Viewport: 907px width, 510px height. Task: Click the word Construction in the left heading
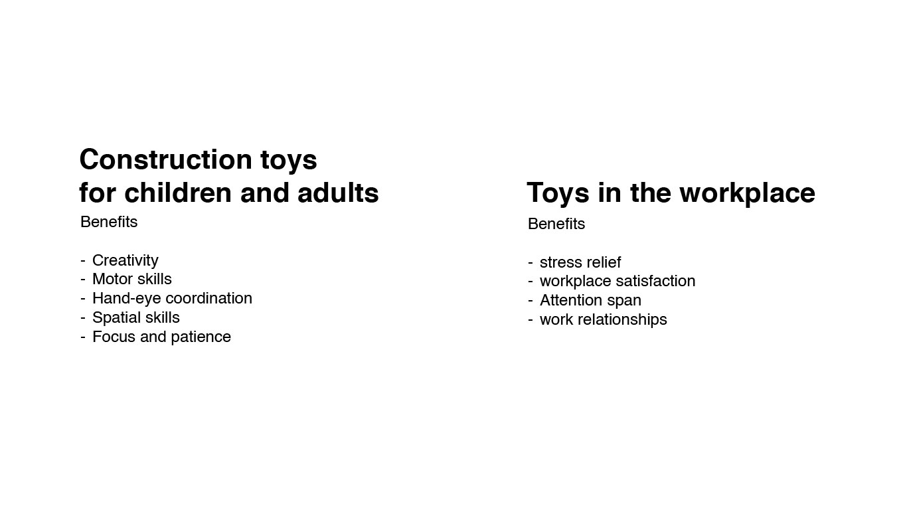[x=166, y=159]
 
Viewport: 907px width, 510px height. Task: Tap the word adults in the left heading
[x=338, y=193]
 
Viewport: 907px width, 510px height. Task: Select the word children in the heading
[x=178, y=193]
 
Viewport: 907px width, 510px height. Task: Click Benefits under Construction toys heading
[x=109, y=222]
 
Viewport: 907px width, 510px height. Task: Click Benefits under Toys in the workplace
[x=556, y=224]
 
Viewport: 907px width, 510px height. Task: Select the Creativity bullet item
[x=125, y=261]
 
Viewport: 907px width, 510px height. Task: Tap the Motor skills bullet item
[x=132, y=279]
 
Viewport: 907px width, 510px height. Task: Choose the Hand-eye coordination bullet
[x=172, y=299]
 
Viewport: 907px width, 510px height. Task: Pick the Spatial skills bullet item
[x=136, y=318]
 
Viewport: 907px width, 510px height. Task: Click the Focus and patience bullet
[x=161, y=337]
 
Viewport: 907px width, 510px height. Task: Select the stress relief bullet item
[x=580, y=262]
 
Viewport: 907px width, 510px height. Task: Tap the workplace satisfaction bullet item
[x=618, y=282]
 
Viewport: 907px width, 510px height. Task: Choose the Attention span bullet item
[x=590, y=301]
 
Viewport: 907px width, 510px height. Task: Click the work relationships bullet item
[x=604, y=319]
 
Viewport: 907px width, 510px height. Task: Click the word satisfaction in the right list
[x=654, y=281]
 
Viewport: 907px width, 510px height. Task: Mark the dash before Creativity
[x=83, y=261]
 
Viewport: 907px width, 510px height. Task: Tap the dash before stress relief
[x=531, y=263]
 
